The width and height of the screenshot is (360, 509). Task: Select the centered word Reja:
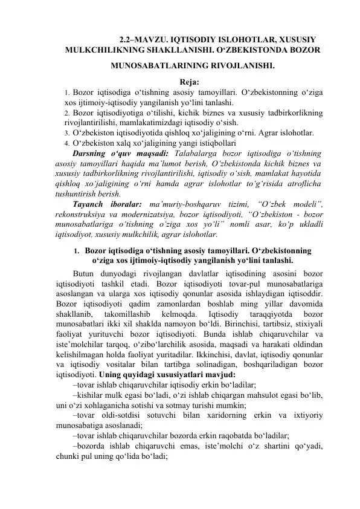pos(191,81)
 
